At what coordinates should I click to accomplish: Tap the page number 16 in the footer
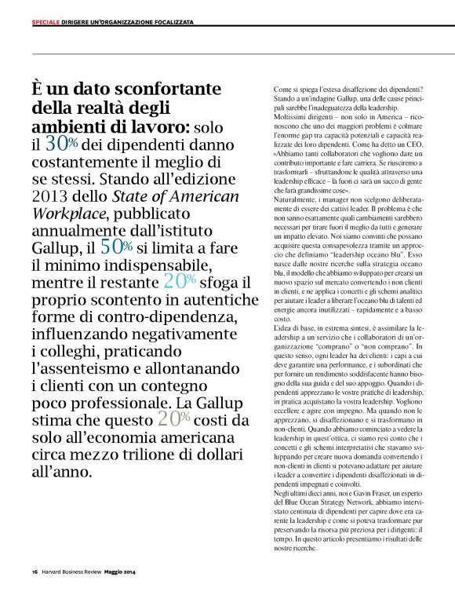click(35, 569)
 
